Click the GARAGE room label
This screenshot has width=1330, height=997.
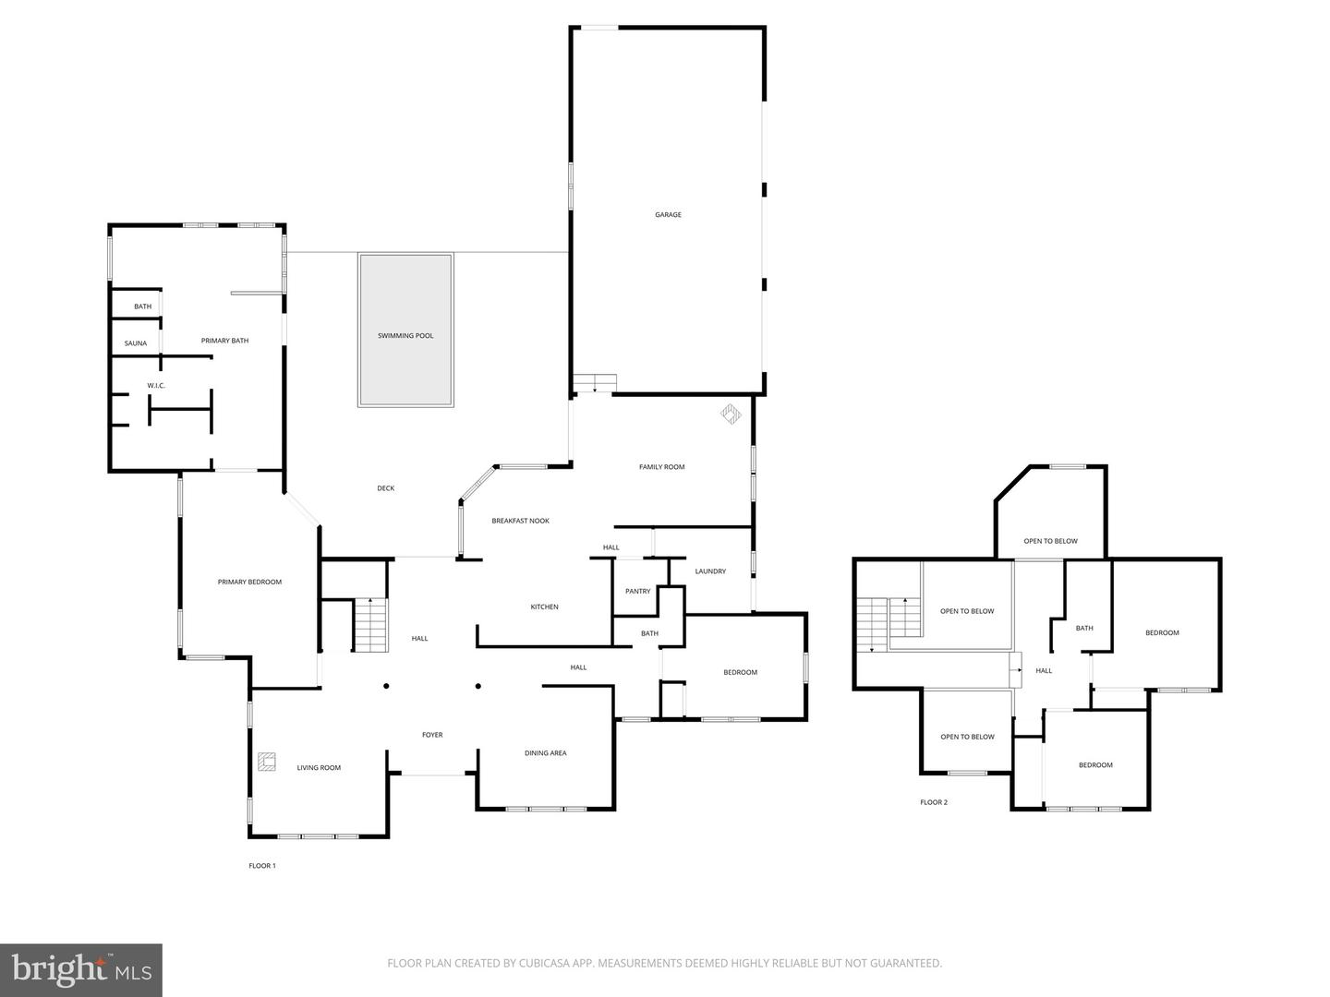(668, 214)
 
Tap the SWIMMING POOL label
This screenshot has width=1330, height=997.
(405, 335)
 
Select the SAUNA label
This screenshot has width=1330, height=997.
(135, 343)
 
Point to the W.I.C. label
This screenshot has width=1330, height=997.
(156, 386)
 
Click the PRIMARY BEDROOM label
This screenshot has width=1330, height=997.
(249, 582)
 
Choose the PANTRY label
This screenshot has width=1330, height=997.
(637, 592)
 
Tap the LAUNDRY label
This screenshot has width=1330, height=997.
(710, 571)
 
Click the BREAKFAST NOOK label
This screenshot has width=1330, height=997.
(521, 521)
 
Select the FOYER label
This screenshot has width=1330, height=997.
(432, 735)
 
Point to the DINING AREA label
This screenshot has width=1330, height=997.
(545, 753)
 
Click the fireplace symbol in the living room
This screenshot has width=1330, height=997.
(267, 762)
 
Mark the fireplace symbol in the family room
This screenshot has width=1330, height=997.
(731, 414)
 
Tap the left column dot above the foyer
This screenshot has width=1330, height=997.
(386, 686)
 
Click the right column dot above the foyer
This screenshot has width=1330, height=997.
(478, 686)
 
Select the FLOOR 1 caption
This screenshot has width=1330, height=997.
(261, 866)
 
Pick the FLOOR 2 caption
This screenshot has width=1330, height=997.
(933, 802)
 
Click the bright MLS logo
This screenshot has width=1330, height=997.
(81, 970)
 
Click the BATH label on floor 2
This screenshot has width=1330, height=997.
(1084, 629)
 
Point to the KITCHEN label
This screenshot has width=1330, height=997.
(544, 607)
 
